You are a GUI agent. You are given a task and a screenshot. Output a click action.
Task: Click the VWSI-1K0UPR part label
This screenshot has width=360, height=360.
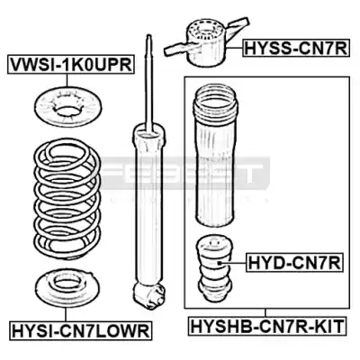[70, 64]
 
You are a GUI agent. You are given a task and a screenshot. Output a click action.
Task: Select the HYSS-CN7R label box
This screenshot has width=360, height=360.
[296, 48]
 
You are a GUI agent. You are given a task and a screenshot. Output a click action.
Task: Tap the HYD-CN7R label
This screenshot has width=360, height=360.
[294, 263]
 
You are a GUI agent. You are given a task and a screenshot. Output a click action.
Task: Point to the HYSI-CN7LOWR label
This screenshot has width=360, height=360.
[80, 330]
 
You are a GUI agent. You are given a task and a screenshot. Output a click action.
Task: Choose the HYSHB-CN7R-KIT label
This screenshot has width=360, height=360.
[266, 326]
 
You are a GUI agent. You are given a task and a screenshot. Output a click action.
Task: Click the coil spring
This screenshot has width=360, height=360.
[67, 201]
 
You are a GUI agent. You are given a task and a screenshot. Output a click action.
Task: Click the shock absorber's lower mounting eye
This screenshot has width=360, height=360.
[149, 294]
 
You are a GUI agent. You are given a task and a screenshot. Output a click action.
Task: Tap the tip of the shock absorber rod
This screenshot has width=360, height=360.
[148, 35]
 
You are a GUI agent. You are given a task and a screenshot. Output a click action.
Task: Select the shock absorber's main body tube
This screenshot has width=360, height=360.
[149, 205]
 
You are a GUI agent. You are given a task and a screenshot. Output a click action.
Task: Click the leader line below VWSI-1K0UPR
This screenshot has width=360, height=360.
[67, 80]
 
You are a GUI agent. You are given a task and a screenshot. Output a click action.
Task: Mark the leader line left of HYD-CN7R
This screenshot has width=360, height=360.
[233, 263]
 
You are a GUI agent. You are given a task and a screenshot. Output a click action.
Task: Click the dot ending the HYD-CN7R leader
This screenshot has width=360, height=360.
[220, 263]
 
